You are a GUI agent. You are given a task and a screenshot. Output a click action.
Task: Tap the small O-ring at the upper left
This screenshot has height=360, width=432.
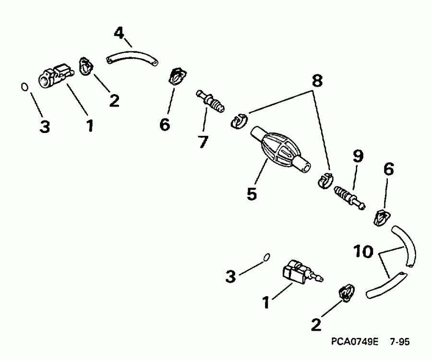pyautogui.click(x=24, y=87)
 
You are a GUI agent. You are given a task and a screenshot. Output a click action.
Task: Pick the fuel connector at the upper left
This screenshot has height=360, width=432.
pyautogui.click(x=54, y=76)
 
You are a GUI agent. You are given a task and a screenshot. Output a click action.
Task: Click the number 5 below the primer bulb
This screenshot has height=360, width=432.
pyautogui.click(x=252, y=194)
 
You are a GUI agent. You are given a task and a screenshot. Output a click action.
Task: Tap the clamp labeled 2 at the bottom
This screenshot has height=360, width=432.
pyautogui.click(x=347, y=292)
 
